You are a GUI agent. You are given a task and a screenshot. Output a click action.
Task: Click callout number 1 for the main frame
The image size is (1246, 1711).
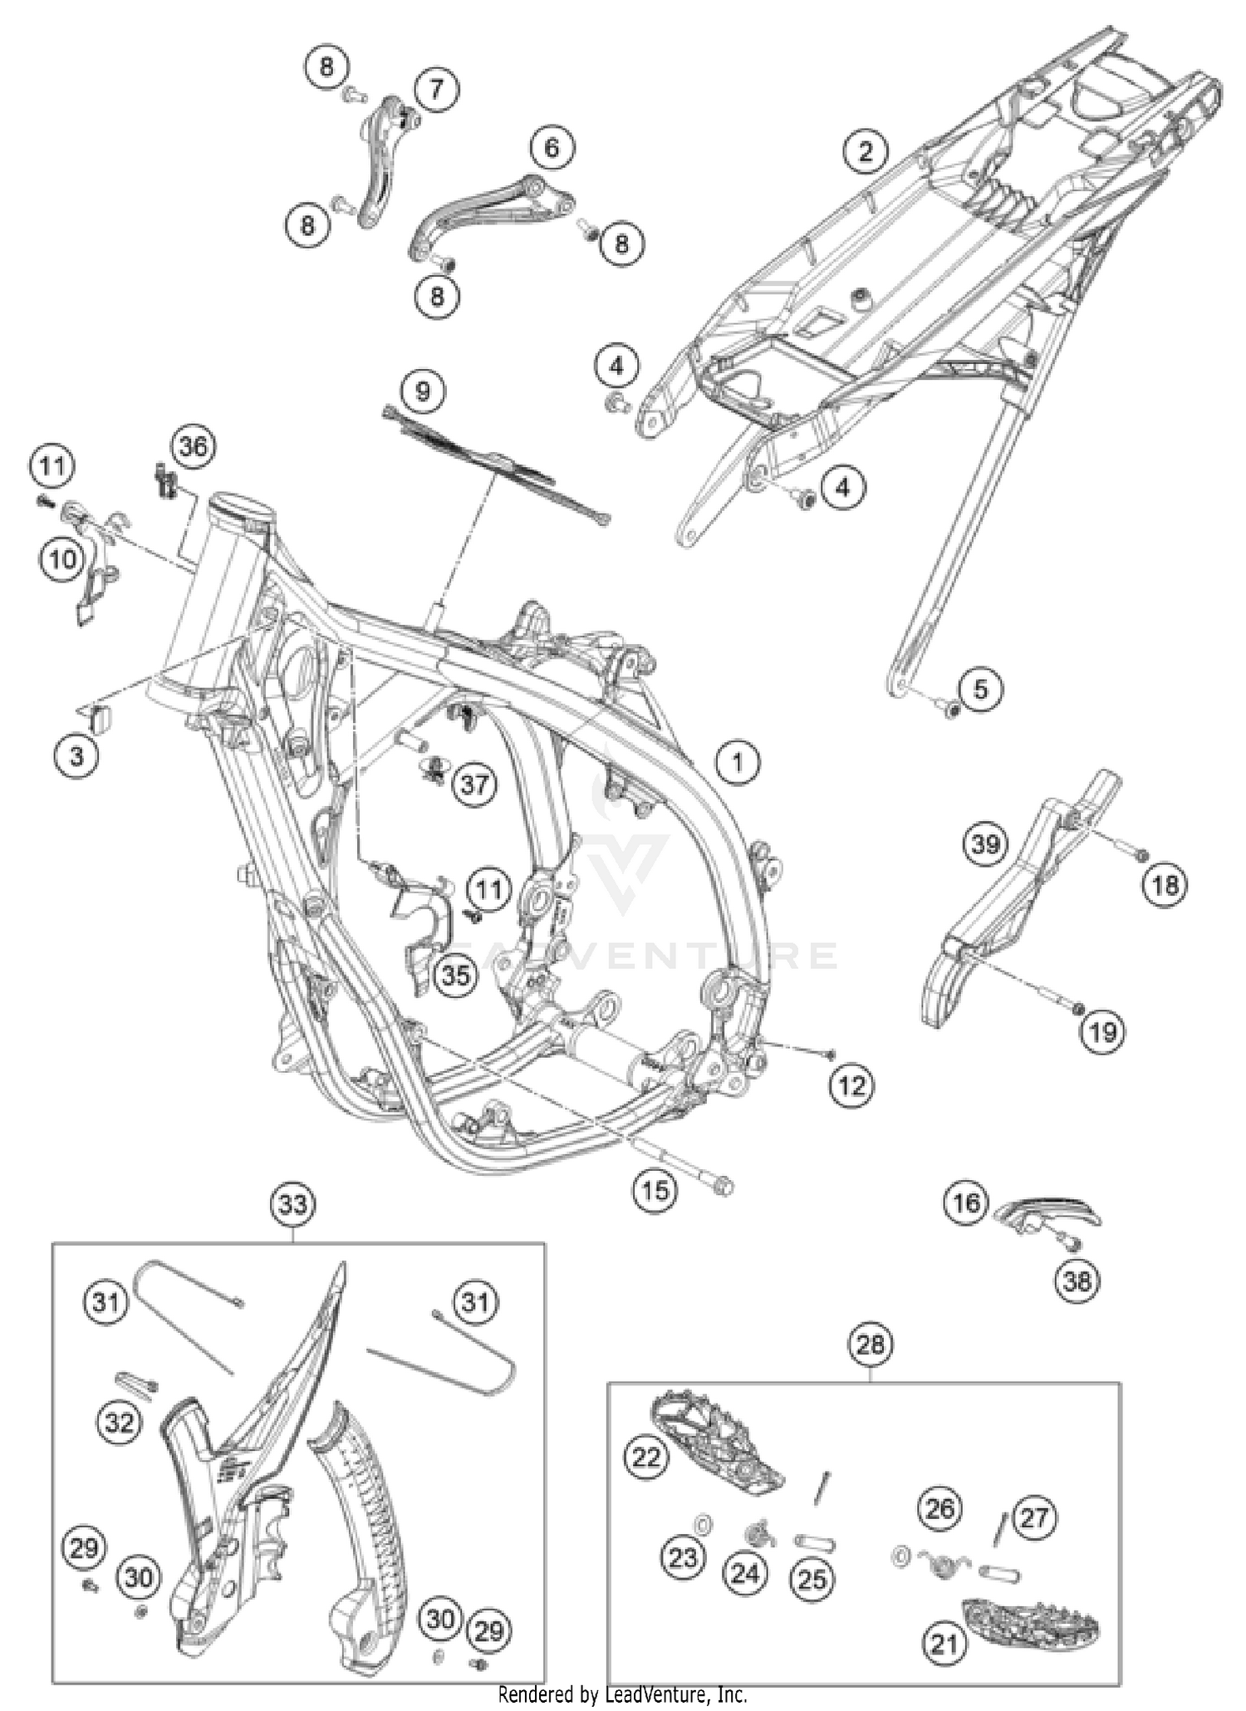coord(738,762)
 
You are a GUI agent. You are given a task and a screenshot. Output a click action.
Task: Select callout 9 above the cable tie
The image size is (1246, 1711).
coord(423,390)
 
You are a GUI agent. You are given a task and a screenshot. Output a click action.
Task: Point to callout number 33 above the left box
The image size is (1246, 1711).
coord(293,1203)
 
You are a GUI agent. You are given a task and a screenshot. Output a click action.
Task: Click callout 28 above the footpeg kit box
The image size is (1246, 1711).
coord(870,1344)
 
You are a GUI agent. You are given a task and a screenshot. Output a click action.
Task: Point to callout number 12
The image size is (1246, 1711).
coord(851,1085)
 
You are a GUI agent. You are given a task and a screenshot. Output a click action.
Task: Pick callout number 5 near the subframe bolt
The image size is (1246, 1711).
coord(980,689)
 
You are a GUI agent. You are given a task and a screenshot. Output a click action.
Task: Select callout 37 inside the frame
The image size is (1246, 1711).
coord(474,784)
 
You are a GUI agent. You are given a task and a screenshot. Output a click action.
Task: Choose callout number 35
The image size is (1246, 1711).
coord(455,975)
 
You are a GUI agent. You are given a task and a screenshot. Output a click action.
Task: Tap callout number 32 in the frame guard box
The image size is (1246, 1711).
coord(119,1422)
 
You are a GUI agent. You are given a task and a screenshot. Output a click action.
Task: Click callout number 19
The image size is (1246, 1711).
coord(1102,1031)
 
